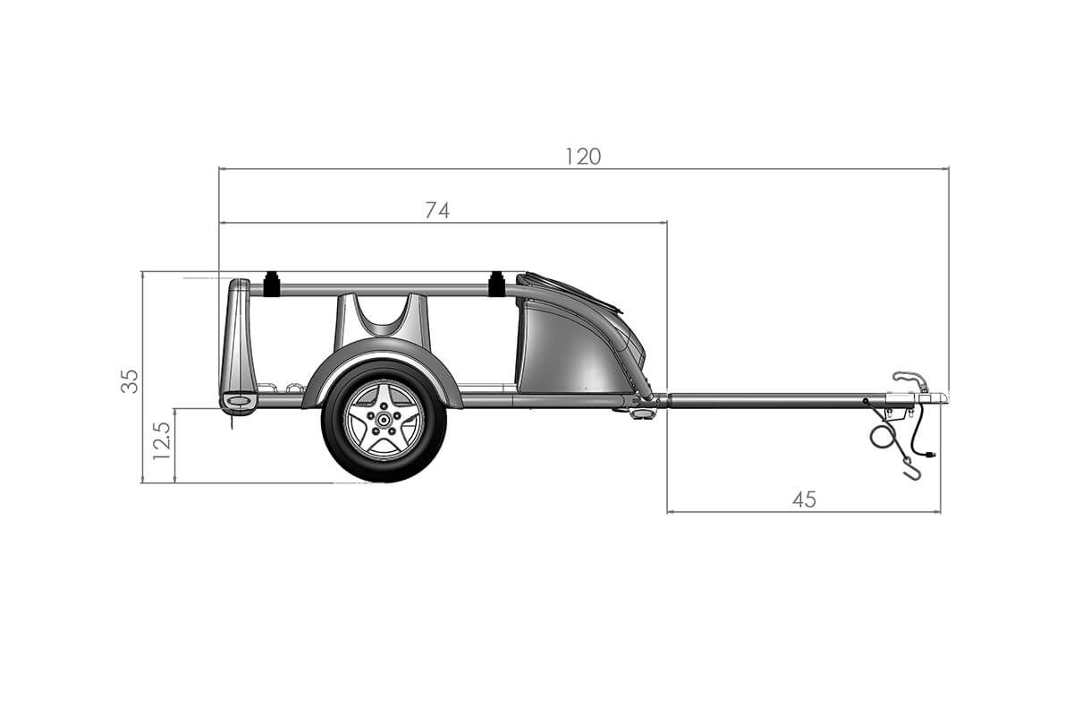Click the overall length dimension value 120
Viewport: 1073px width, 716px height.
click(583, 157)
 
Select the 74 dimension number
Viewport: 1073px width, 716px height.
click(437, 210)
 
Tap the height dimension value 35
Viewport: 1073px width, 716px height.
click(131, 380)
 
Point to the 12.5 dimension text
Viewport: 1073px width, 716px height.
click(162, 441)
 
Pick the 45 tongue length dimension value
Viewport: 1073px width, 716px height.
click(804, 499)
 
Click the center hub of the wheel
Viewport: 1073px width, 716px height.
click(384, 420)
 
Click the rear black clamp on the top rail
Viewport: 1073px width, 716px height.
click(271, 286)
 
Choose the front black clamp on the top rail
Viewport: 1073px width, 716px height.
click(496, 285)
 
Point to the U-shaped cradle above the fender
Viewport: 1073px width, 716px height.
click(382, 318)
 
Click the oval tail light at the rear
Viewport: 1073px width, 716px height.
click(239, 403)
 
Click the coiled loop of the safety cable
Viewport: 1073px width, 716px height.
click(883, 437)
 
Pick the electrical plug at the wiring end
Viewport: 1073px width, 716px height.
click(931, 456)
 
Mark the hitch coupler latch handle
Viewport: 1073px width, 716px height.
click(910, 379)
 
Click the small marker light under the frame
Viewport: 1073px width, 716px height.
click(641, 413)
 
